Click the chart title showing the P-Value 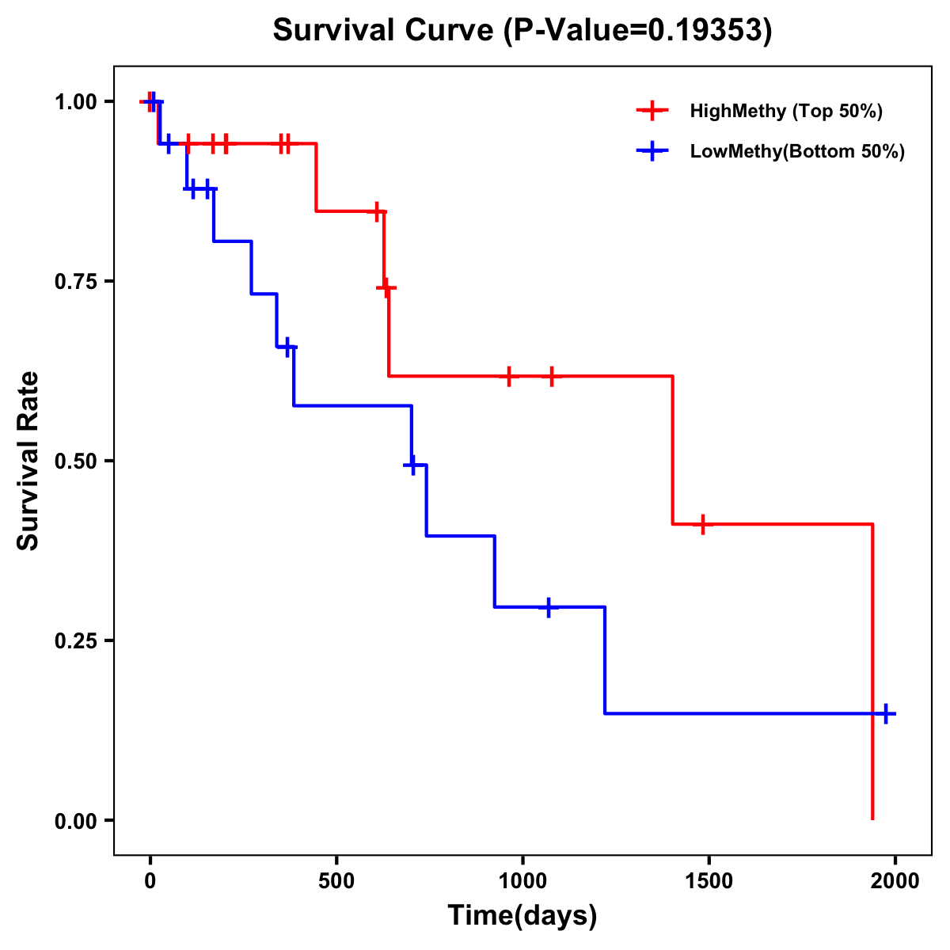[x=522, y=30]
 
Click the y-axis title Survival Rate [x=28, y=460]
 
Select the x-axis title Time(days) [x=522, y=915]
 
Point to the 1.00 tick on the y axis [x=75, y=101]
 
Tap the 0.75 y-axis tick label [x=75, y=281]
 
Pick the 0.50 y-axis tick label [x=75, y=461]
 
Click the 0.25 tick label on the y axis [x=75, y=640]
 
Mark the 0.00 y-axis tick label [x=75, y=820]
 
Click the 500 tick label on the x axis [x=336, y=880]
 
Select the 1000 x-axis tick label [x=522, y=880]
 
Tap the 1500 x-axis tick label [x=709, y=880]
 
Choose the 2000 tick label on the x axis [x=895, y=880]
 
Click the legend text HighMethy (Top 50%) [x=786, y=111]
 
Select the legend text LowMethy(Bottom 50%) [x=797, y=151]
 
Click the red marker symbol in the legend [x=652, y=111]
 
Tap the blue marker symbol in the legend [x=652, y=151]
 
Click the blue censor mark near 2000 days [x=886, y=713]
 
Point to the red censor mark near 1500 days [x=702, y=524]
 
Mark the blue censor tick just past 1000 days [x=548, y=607]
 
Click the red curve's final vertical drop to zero [x=872, y=673]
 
